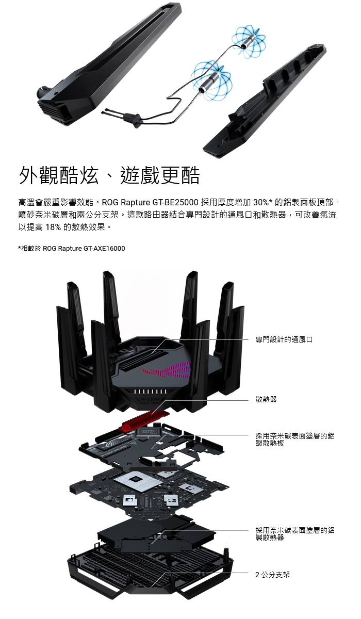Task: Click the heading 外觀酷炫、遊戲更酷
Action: point(109,176)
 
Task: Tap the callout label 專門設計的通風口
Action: point(284,339)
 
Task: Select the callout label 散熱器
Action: point(266,399)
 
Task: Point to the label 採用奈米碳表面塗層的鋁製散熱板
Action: point(295,439)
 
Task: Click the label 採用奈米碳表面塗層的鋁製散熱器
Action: point(295,533)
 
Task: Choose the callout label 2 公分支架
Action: point(273,574)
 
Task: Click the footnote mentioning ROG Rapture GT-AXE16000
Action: point(72,249)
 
